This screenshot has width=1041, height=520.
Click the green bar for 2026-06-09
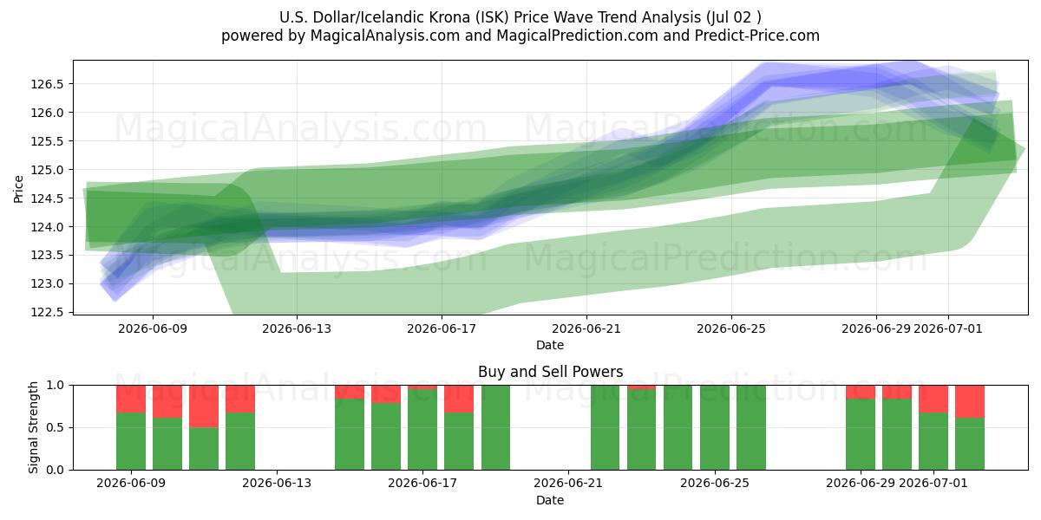(131, 441)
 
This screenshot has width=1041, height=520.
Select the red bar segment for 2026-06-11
(204, 406)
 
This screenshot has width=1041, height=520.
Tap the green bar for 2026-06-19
(495, 427)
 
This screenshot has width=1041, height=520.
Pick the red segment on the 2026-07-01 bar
(933, 399)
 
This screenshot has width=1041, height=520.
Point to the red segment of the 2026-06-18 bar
(459, 399)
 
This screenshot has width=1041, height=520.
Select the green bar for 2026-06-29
(861, 434)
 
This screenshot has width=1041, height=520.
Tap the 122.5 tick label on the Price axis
(47, 312)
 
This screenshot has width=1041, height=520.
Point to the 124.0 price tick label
(47, 227)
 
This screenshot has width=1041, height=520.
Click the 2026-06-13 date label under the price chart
(297, 328)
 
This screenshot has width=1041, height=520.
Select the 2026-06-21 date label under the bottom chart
(568, 483)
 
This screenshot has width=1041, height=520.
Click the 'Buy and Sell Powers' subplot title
(550, 372)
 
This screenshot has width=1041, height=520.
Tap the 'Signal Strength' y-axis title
(33, 427)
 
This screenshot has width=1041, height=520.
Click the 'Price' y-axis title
(18, 189)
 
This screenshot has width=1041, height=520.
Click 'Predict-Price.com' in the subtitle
(757, 36)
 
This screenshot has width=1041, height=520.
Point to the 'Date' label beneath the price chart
(550, 345)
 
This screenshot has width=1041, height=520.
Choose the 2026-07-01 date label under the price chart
(948, 328)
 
